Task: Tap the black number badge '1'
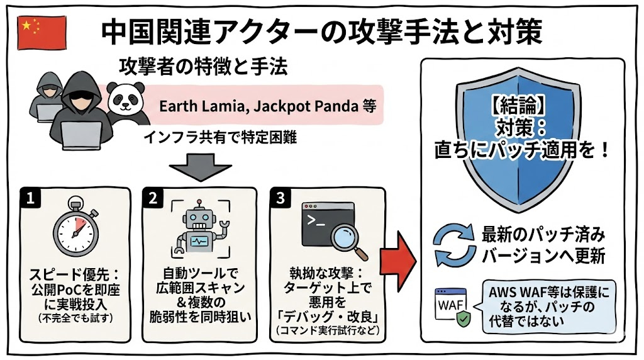(x=29, y=198)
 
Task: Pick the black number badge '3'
(x=280, y=198)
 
